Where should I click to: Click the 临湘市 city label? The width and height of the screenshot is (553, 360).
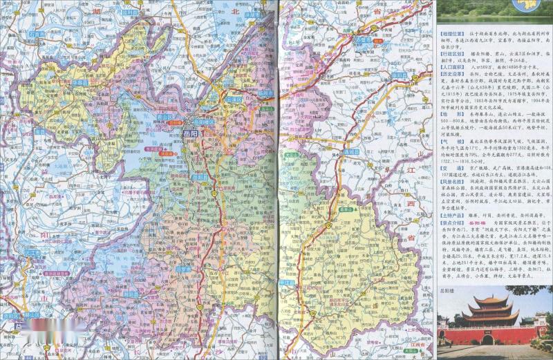pos(266,93)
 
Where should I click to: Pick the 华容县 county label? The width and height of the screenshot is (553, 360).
pos(79,82)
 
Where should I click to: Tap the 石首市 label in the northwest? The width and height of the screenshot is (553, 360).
pos(37,33)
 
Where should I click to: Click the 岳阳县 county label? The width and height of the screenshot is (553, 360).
pos(200,177)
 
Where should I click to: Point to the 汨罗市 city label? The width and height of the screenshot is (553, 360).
pos(184,268)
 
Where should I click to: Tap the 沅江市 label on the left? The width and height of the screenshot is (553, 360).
pos(31,253)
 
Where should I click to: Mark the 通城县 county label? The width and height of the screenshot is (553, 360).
pos(350,151)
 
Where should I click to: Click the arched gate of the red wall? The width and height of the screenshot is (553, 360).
pos(487,339)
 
